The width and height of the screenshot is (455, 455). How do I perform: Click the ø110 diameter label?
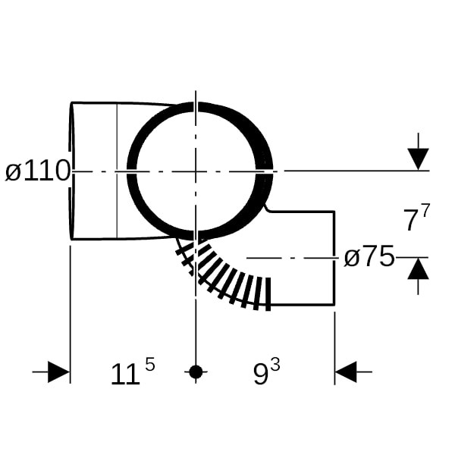[x=38, y=171]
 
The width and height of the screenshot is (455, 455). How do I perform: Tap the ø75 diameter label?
[x=369, y=256]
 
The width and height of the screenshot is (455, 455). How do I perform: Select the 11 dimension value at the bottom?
[x=125, y=375]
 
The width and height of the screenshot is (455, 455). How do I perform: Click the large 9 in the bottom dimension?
[x=261, y=375]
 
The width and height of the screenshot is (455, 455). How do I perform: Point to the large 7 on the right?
[x=411, y=220]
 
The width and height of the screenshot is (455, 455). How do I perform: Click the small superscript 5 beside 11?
[x=149, y=365]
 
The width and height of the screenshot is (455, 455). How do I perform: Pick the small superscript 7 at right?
[x=425, y=211]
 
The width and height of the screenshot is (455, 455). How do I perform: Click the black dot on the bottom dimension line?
[x=196, y=372]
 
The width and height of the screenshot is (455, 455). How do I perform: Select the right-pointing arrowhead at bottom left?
[x=59, y=372]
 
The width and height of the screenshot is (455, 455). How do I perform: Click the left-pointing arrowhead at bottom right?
[x=346, y=372]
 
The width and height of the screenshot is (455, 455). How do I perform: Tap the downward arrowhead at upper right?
[x=418, y=159]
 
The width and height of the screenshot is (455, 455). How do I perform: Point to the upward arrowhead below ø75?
[x=418, y=268]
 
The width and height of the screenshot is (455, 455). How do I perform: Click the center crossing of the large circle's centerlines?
[x=196, y=171]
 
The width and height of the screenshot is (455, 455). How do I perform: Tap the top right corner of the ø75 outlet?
[x=334, y=212]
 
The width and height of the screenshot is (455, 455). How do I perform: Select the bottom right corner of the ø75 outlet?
[x=334, y=305]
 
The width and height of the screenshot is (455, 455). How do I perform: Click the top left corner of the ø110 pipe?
[x=72, y=102]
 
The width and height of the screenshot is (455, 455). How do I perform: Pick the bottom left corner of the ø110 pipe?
[x=72, y=240]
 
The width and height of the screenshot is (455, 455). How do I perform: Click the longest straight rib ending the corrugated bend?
[x=268, y=294]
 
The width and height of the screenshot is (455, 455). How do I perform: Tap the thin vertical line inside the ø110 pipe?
[x=117, y=171]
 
